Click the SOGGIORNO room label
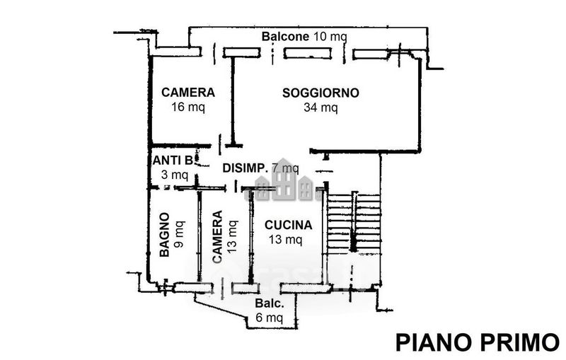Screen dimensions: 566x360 click(320, 93)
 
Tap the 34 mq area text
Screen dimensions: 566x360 click(320, 108)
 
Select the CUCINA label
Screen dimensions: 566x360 click(288, 225)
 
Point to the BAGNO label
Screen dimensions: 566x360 click(164, 235)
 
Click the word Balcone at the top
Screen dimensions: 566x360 click(285, 37)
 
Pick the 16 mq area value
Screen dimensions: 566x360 click(188, 107)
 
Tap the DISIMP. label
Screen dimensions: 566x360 click(245, 168)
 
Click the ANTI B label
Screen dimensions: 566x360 click(173, 160)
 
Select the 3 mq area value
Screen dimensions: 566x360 click(174, 175)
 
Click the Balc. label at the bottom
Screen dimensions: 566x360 click(270, 303)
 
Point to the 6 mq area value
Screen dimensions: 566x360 click(270, 318)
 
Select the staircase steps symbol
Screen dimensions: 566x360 click(353, 223)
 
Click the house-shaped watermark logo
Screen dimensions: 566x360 click(284, 180)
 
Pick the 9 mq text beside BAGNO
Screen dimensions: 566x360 click(179, 235)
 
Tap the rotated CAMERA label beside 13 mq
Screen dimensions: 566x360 click(217, 237)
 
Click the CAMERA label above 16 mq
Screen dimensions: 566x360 click(188, 93)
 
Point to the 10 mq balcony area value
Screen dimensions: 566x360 click(330, 37)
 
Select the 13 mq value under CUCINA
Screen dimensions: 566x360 click(285, 239)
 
